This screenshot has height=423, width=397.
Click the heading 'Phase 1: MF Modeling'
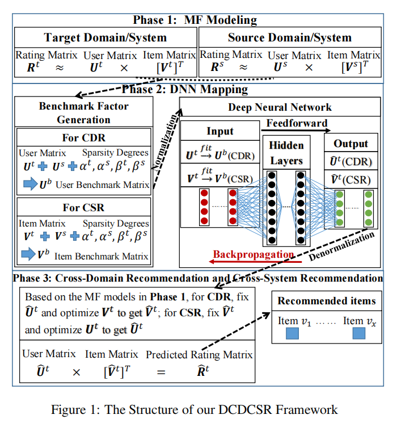[x=195, y=20]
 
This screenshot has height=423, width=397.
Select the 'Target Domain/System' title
[x=105, y=38]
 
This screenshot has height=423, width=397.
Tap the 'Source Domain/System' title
[x=290, y=38]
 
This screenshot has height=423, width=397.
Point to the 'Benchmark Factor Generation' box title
[x=83, y=112]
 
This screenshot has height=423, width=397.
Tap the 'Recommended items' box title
[x=326, y=301]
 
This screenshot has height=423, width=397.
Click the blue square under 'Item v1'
[x=292, y=333]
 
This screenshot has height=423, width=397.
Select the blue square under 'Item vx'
[x=359, y=333]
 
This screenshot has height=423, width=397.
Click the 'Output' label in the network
[x=350, y=144]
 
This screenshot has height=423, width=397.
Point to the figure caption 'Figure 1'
[x=195, y=409]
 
